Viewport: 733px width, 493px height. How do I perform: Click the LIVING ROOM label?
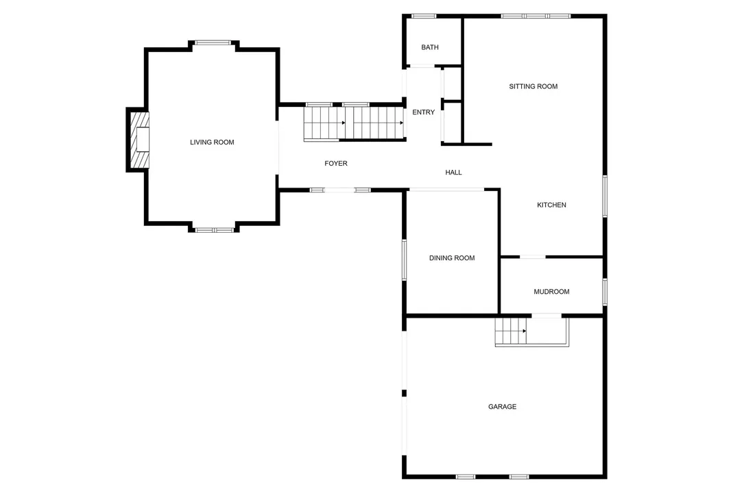(x=212, y=142)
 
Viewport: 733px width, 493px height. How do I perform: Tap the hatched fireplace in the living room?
(x=141, y=140)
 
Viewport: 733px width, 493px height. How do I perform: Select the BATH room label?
(x=430, y=47)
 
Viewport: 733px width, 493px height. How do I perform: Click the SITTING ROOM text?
(x=533, y=86)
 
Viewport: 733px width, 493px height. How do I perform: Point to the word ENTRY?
(x=423, y=112)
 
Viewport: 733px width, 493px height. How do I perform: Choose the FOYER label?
(x=336, y=164)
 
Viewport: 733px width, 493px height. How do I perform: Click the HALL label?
(x=453, y=173)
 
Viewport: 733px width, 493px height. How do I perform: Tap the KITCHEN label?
(x=551, y=205)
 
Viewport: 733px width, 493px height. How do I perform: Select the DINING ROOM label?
(x=452, y=258)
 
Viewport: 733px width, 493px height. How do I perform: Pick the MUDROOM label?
(x=551, y=292)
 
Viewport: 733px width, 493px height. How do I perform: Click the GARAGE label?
(x=502, y=407)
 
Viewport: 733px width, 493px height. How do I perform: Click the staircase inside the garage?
(x=511, y=332)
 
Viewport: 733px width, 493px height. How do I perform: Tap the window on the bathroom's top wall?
(x=424, y=16)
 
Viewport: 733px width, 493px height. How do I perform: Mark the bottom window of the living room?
(x=214, y=230)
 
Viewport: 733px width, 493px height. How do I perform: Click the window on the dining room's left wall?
(x=405, y=260)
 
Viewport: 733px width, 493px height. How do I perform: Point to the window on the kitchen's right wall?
(x=604, y=197)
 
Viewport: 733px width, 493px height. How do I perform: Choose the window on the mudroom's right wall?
(x=604, y=291)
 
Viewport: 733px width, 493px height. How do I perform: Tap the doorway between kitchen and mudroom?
(x=532, y=257)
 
